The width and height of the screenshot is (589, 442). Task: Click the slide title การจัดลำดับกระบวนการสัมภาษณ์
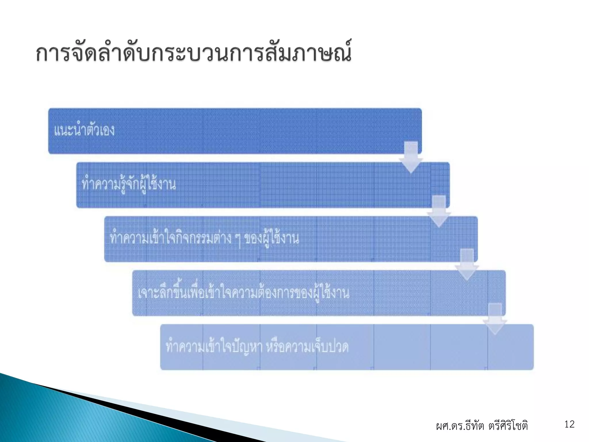[193, 53]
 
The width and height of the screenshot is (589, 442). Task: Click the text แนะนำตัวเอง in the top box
[84, 130]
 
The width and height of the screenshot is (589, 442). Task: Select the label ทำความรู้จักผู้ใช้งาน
[129, 184]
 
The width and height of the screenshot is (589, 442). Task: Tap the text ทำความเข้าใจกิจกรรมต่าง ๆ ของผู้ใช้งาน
[204, 239]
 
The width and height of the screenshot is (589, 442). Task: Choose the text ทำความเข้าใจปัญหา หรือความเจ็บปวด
[257, 347]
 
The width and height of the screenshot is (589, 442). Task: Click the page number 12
[569, 424]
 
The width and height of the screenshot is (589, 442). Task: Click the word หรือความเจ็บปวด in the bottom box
[307, 347]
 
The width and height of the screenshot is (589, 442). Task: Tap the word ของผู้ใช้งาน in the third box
[271, 239]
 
